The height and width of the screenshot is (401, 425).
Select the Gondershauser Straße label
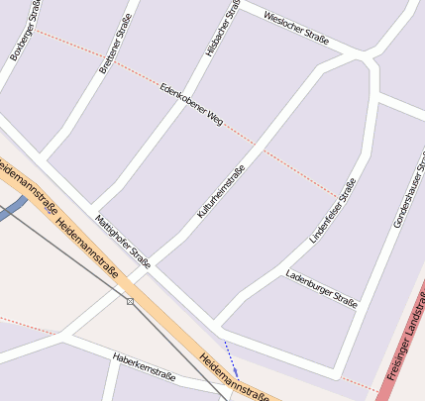click(x=409, y=188)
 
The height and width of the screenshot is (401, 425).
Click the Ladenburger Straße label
click(x=320, y=287)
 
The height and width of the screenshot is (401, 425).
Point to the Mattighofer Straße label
click(x=122, y=241)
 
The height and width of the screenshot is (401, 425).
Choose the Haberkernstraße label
click(x=144, y=367)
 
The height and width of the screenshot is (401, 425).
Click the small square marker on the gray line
click(x=130, y=301)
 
